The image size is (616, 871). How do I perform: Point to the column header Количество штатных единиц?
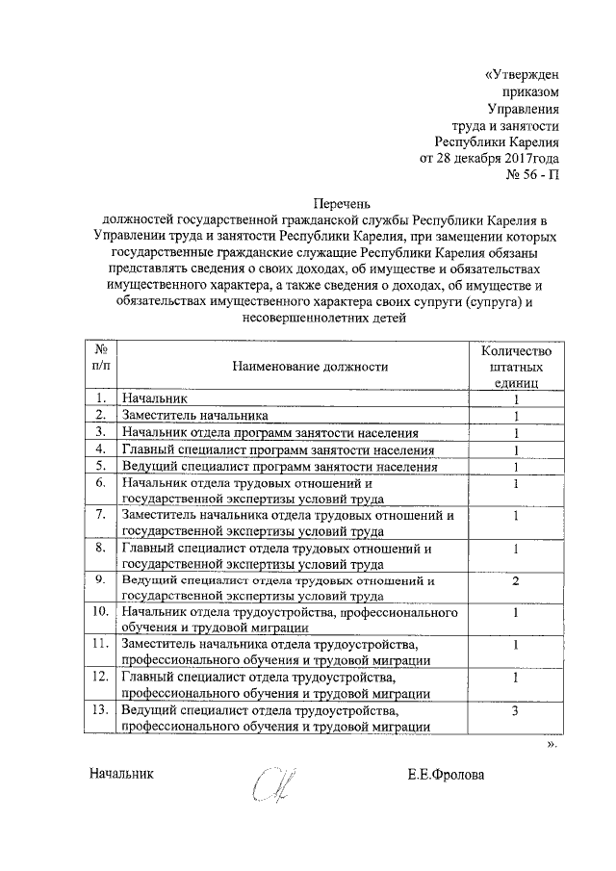coord(516,366)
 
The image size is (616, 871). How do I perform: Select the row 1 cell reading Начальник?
coord(148,397)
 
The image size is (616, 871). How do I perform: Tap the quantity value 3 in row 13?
coord(516,711)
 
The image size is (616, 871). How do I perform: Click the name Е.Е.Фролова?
coord(447,774)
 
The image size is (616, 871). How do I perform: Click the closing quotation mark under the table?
coord(552,744)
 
